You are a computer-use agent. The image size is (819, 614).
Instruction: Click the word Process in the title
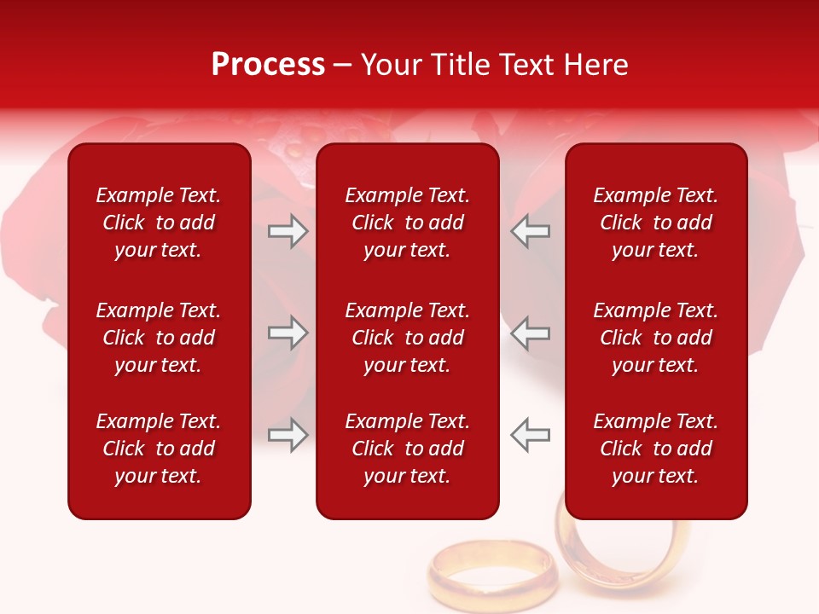coord(268,65)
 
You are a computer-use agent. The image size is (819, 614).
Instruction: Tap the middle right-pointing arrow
coord(288,333)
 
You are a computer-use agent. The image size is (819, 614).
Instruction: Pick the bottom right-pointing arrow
coord(288,435)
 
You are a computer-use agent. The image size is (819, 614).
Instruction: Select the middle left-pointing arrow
coord(531,333)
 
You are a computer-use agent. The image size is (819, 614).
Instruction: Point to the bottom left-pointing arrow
coord(531,435)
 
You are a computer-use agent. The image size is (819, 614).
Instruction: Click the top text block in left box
coord(159,223)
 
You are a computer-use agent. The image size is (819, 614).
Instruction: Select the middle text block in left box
coord(159,338)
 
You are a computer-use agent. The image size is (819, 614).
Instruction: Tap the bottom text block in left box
coord(159,449)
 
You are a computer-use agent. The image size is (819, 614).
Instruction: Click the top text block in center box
coord(407,223)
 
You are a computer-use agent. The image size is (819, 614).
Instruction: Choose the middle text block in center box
coord(407,338)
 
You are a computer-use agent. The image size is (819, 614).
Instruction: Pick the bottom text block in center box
coord(407,449)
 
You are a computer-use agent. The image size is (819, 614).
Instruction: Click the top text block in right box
coord(655,223)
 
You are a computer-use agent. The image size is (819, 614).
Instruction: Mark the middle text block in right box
coord(655,338)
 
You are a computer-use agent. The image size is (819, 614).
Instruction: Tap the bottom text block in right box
coord(655,449)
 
